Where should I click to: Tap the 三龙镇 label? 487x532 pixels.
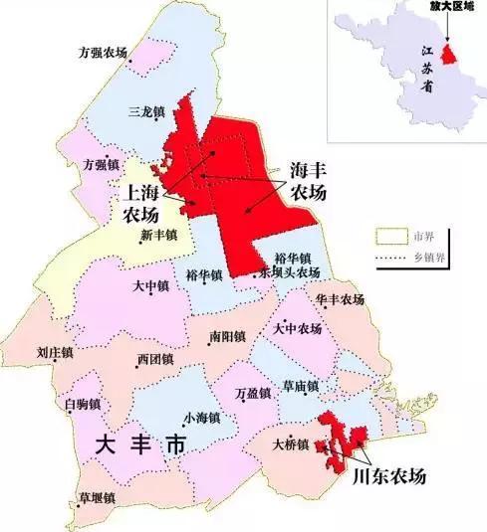tap(148, 112)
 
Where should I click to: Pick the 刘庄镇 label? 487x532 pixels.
tap(56, 352)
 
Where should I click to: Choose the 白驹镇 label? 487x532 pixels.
tap(82, 403)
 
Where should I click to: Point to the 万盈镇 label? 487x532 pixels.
tap(252, 393)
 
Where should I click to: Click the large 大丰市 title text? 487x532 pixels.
tap(139, 449)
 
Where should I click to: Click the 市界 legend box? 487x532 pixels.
tap(390, 236)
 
